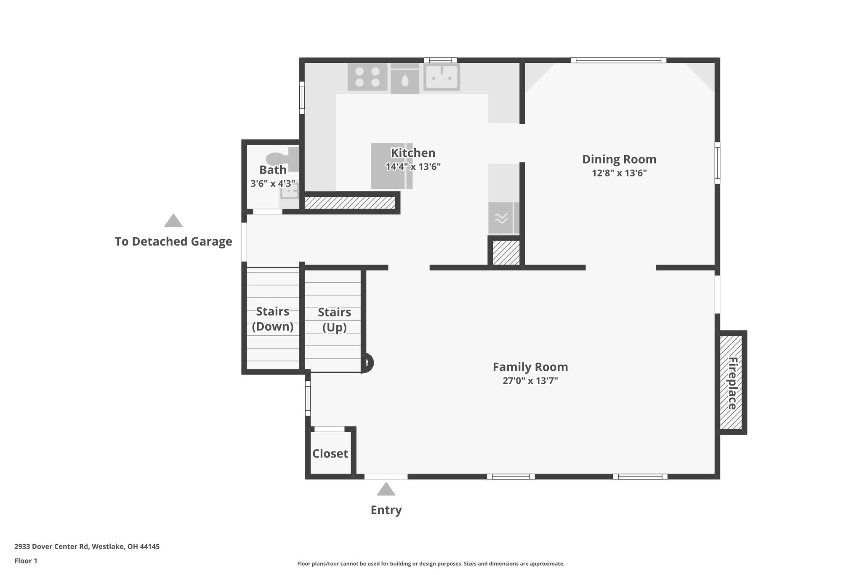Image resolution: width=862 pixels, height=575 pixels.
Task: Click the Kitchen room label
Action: point(413,153)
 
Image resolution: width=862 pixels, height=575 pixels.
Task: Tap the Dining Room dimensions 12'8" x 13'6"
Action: point(619,173)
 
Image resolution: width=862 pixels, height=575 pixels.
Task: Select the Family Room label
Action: point(530,367)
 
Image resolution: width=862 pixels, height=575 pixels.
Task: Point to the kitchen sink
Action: point(441,78)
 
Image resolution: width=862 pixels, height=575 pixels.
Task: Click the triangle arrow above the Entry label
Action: point(386,489)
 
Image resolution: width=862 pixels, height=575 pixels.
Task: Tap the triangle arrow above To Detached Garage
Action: point(173,221)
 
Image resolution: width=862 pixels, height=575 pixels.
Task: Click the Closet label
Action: point(330,454)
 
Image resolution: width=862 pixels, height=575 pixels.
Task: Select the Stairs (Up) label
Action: point(334,320)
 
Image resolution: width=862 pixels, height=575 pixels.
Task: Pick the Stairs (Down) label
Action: point(272,319)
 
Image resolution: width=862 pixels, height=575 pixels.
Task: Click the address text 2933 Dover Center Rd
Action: point(87,547)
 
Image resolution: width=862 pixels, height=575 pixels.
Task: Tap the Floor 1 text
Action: point(26,561)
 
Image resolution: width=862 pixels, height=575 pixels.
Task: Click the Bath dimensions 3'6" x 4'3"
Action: point(272,184)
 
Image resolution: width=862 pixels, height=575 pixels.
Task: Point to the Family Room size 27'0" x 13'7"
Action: point(530,381)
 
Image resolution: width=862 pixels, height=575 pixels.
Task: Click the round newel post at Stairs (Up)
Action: point(367,363)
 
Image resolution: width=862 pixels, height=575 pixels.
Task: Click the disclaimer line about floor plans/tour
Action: point(431,564)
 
